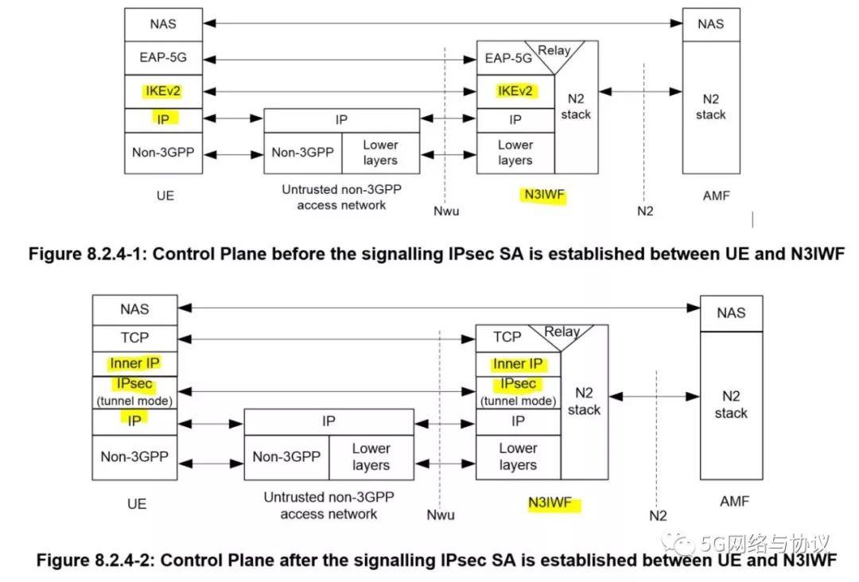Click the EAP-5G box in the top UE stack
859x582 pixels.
point(162,58)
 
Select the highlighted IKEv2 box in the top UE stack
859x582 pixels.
point(162,91)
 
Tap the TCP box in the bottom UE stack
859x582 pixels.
point(134,338)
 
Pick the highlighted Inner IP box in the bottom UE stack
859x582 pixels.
point(134,364)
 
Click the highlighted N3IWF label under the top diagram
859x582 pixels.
point(544,196)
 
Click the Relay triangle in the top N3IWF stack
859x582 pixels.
point(555,52)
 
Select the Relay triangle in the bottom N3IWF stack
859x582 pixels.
point(562,333)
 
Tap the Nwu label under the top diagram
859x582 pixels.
point(446,211)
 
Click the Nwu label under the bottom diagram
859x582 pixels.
point(441,514)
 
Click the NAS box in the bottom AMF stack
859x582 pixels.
point(731,313)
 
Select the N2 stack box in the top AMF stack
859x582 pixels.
point(710,107)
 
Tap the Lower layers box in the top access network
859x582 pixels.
point(380,153)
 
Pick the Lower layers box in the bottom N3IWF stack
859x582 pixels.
point(518,457)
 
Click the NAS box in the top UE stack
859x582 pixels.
point(162,25)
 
